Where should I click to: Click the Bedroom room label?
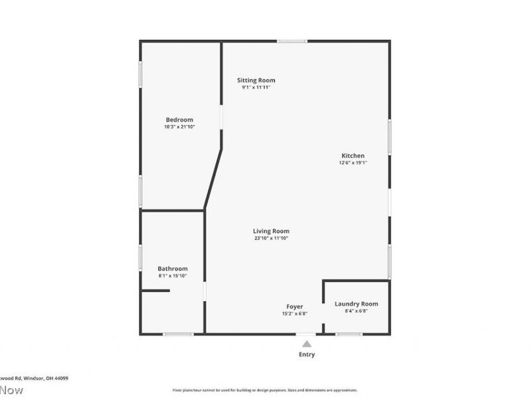coord(180,119)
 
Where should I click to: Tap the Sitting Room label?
coord(256,80)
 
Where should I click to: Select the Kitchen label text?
coord(352,155)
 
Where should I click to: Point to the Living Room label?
coord(271,231)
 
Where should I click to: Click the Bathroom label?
coord(172,269)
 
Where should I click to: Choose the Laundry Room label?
coord(356,304)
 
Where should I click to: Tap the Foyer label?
coord(295,306)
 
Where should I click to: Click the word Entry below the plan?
coord(307,354)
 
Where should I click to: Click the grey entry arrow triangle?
coord(307,344)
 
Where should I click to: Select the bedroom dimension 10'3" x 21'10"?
coord(180,127)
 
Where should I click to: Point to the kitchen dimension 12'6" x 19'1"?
coord(352,163)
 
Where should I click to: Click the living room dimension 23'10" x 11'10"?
coord(271,238)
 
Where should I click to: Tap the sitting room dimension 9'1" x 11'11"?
coord(256,88)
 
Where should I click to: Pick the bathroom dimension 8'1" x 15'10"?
coord(172,276)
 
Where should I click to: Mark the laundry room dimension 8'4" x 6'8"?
coord(356,311)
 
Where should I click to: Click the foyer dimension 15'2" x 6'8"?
coord(295,314)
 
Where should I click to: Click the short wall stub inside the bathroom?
coord(155,291)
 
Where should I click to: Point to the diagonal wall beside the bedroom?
coord(213,178)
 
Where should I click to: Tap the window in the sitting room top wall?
coord(291,41)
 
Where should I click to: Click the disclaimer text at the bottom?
coord(265,390)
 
